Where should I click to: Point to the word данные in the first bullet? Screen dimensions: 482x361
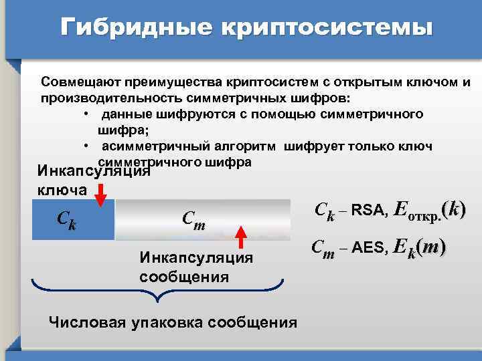127,114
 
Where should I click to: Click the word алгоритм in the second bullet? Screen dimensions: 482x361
236,146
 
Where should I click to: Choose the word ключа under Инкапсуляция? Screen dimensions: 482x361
62,190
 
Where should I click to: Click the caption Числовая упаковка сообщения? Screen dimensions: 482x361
173,323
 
